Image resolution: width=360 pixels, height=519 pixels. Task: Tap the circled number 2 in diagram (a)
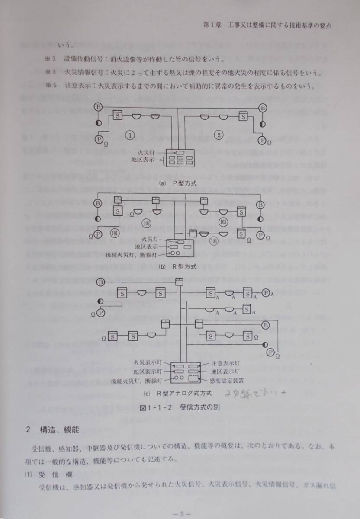(219, 135)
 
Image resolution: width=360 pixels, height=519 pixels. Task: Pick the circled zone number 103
(223, 222)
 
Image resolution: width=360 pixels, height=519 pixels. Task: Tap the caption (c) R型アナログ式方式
(179, 393)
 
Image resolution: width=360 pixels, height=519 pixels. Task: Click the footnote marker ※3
(51, 59)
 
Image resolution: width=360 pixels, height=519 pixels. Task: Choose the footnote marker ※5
(51, 85)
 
